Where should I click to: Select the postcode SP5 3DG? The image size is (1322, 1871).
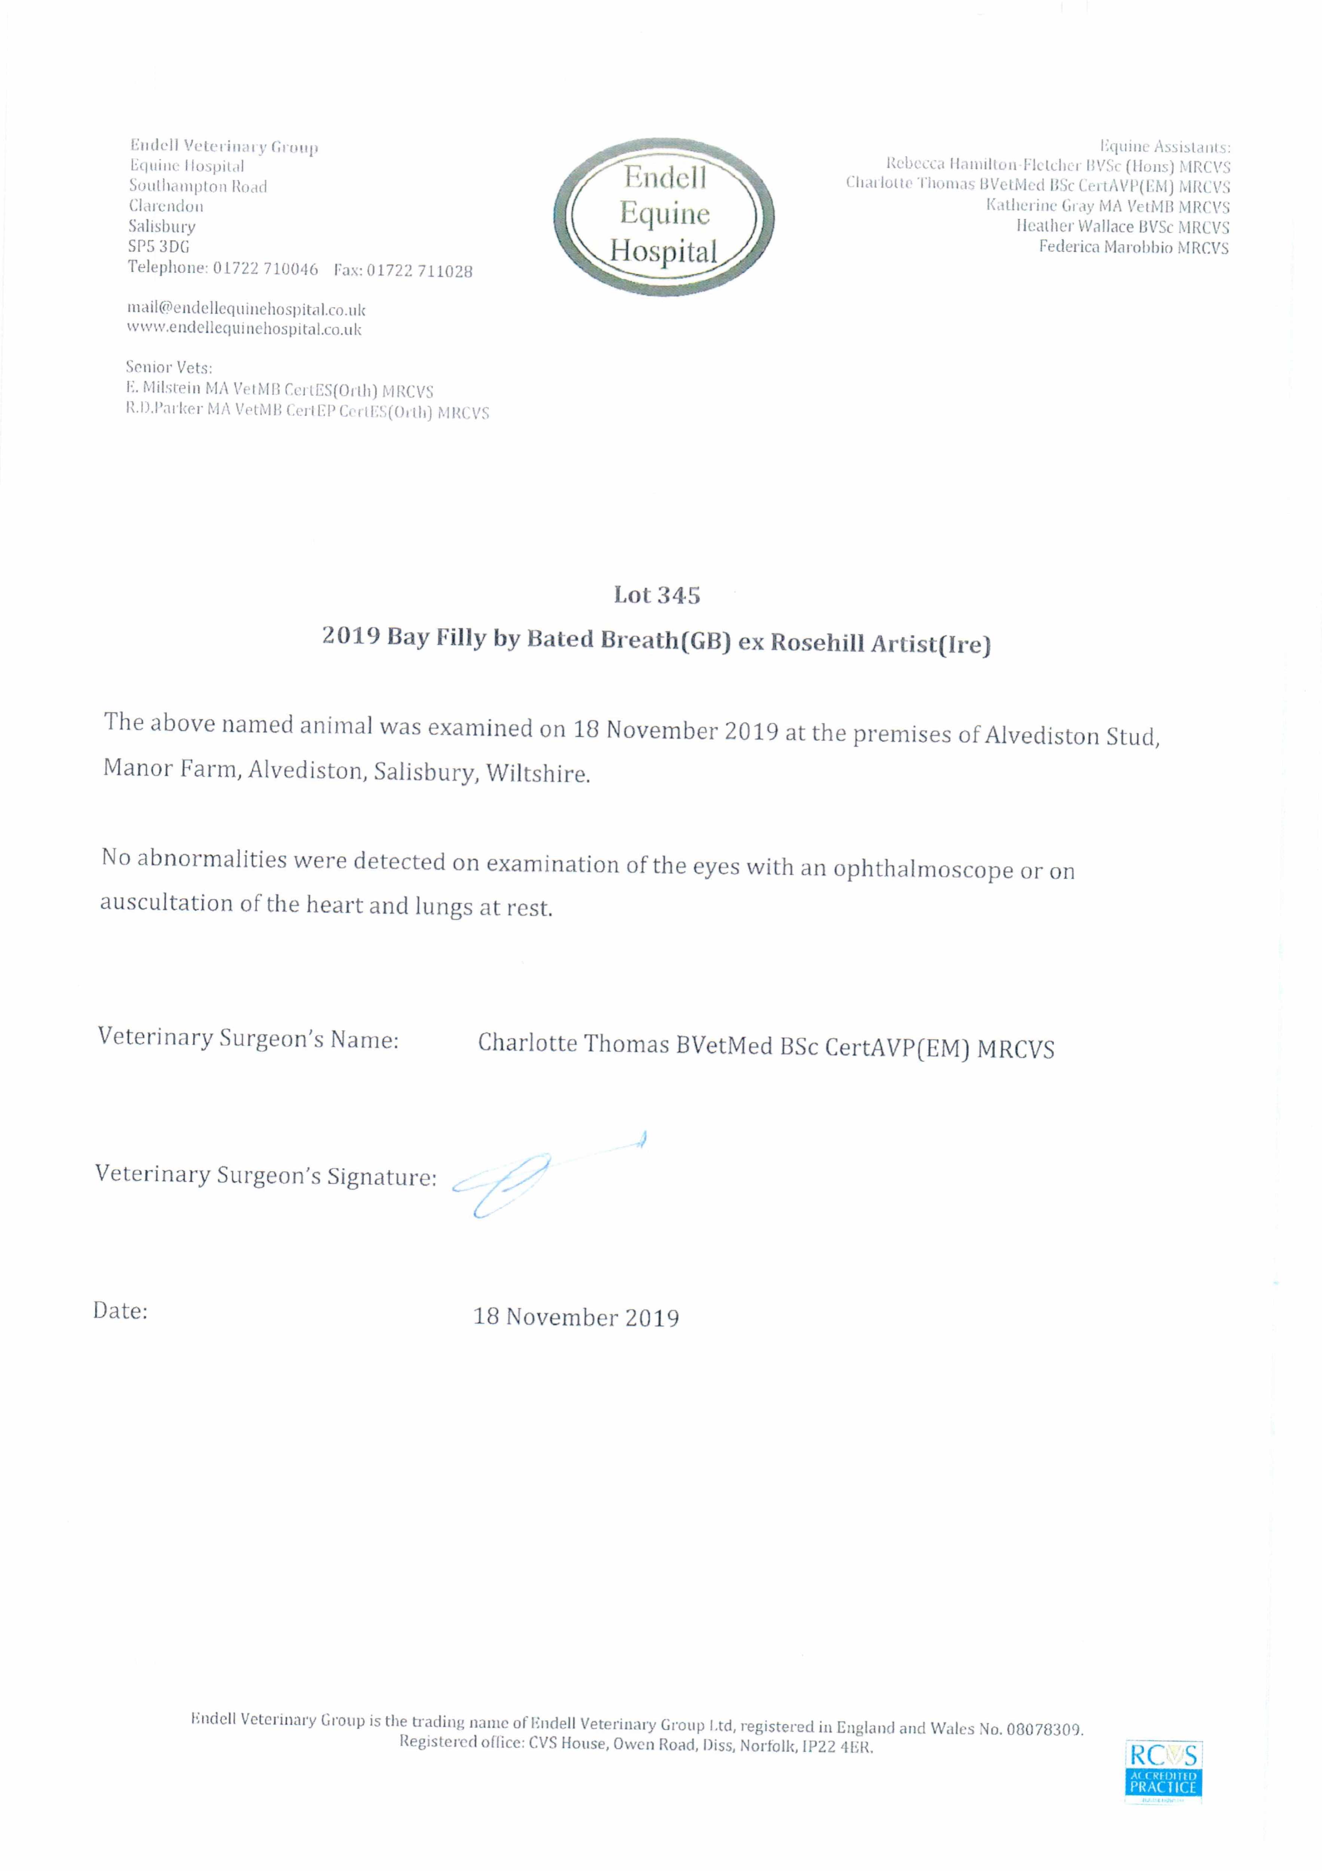(159, 246)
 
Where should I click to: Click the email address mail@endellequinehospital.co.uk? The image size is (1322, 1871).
(246, 310)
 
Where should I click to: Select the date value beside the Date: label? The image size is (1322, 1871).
(576, 1318)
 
